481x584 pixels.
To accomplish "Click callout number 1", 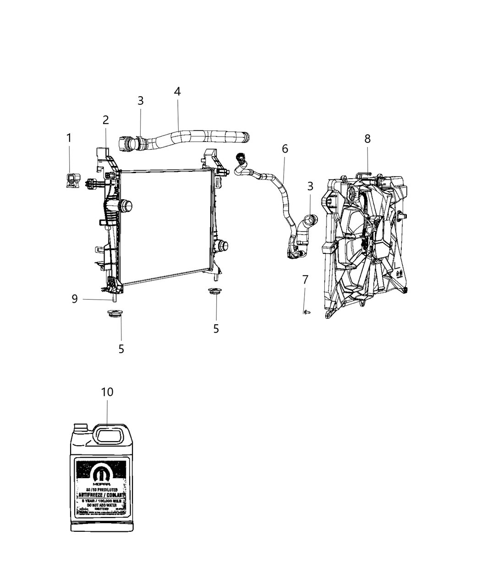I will point(69,138).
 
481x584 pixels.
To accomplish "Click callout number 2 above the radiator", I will point(106,120).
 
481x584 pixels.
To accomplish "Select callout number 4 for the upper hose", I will point(177,91).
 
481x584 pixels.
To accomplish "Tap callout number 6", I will point(285,148).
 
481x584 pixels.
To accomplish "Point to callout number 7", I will point(306,279).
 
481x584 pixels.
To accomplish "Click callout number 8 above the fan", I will point(367,139).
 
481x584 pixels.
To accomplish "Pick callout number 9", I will point(75,299).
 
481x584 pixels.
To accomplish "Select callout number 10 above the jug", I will point(107,392).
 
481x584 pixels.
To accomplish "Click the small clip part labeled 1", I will point(71,180).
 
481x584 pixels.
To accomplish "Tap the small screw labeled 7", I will point(306,311).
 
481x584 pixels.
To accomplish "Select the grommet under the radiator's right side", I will point(213,291).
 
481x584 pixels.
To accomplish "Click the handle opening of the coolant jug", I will point(107,433).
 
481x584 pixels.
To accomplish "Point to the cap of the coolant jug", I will point(81,428).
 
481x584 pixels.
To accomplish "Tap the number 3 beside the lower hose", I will point(311,186).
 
